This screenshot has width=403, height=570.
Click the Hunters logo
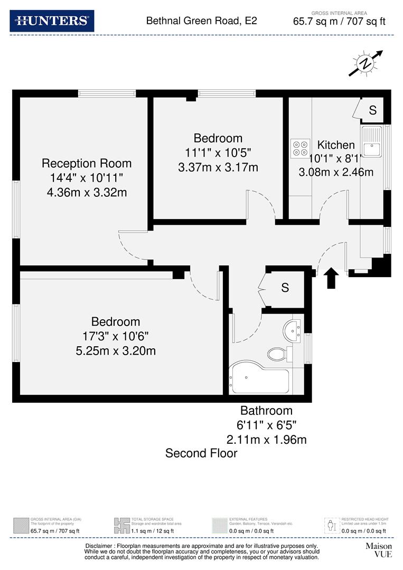pyautogui.click(x=52, y=21)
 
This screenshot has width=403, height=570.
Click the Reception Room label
pyautogui.click(x=87, y=163)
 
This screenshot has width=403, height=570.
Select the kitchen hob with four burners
pyautogui.click(x=301, y=147)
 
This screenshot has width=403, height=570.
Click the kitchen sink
pyautogui.click(x=372, y=142)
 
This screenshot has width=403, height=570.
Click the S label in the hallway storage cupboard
pyautogui.click(x=285, y=288)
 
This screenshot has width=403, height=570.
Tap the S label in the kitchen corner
pyautogui.click(x=372, y=110)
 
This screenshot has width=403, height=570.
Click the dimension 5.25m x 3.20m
pyautogui.click(x=116, y=350)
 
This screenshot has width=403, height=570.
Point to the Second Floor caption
pyautogui.click(x=201, y=453)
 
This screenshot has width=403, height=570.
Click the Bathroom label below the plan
pyautogui.click(x=266, y=411)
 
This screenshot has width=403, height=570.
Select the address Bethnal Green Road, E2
pyautogui.click(x=201, y=21)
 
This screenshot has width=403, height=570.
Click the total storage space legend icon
pyautogui.click(x=122, y=525)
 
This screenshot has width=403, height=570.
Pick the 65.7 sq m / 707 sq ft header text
pyautogui.click(x=339, y=22)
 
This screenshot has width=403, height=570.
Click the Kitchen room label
pyautogui.click(x=336, y=145)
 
